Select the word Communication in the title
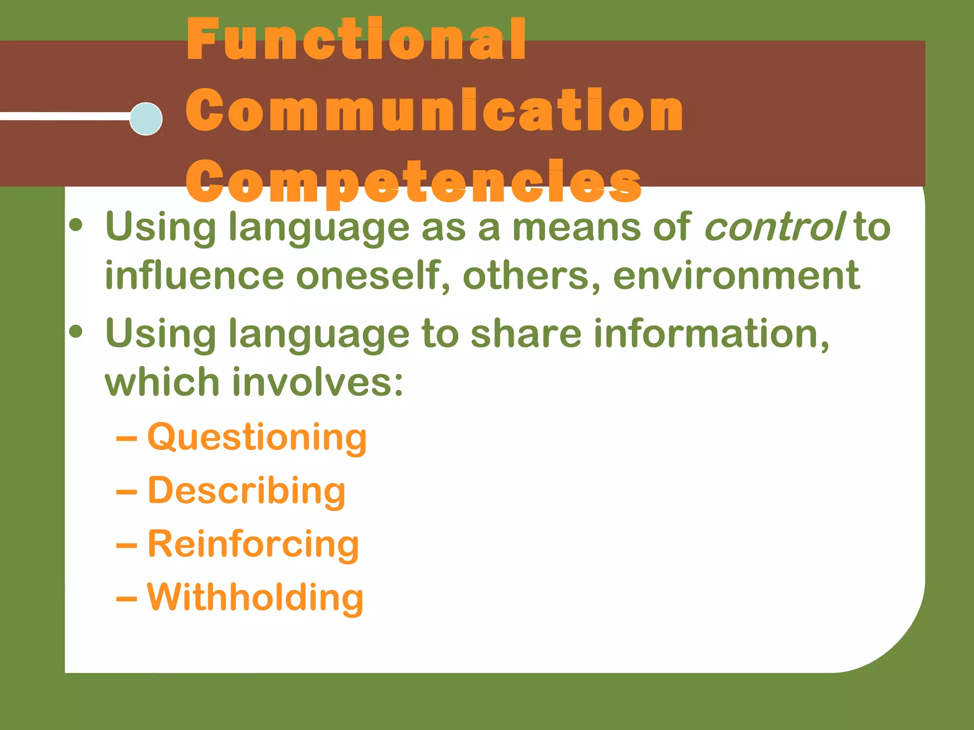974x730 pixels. point(434,111)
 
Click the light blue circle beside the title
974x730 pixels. point(146,119)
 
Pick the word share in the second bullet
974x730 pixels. point(526,334)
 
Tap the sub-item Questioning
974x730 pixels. point(257,437)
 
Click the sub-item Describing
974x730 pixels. point(246,491)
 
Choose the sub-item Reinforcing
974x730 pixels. point(253,545)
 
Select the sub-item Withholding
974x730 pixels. point(255,598)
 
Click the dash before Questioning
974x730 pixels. point(127,440)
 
